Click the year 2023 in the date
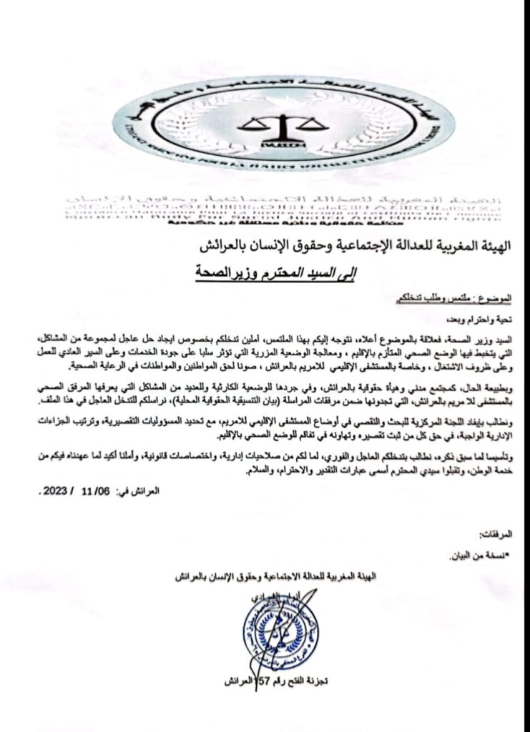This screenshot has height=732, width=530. tap(53, 492)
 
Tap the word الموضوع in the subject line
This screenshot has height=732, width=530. tap(499, 296)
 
